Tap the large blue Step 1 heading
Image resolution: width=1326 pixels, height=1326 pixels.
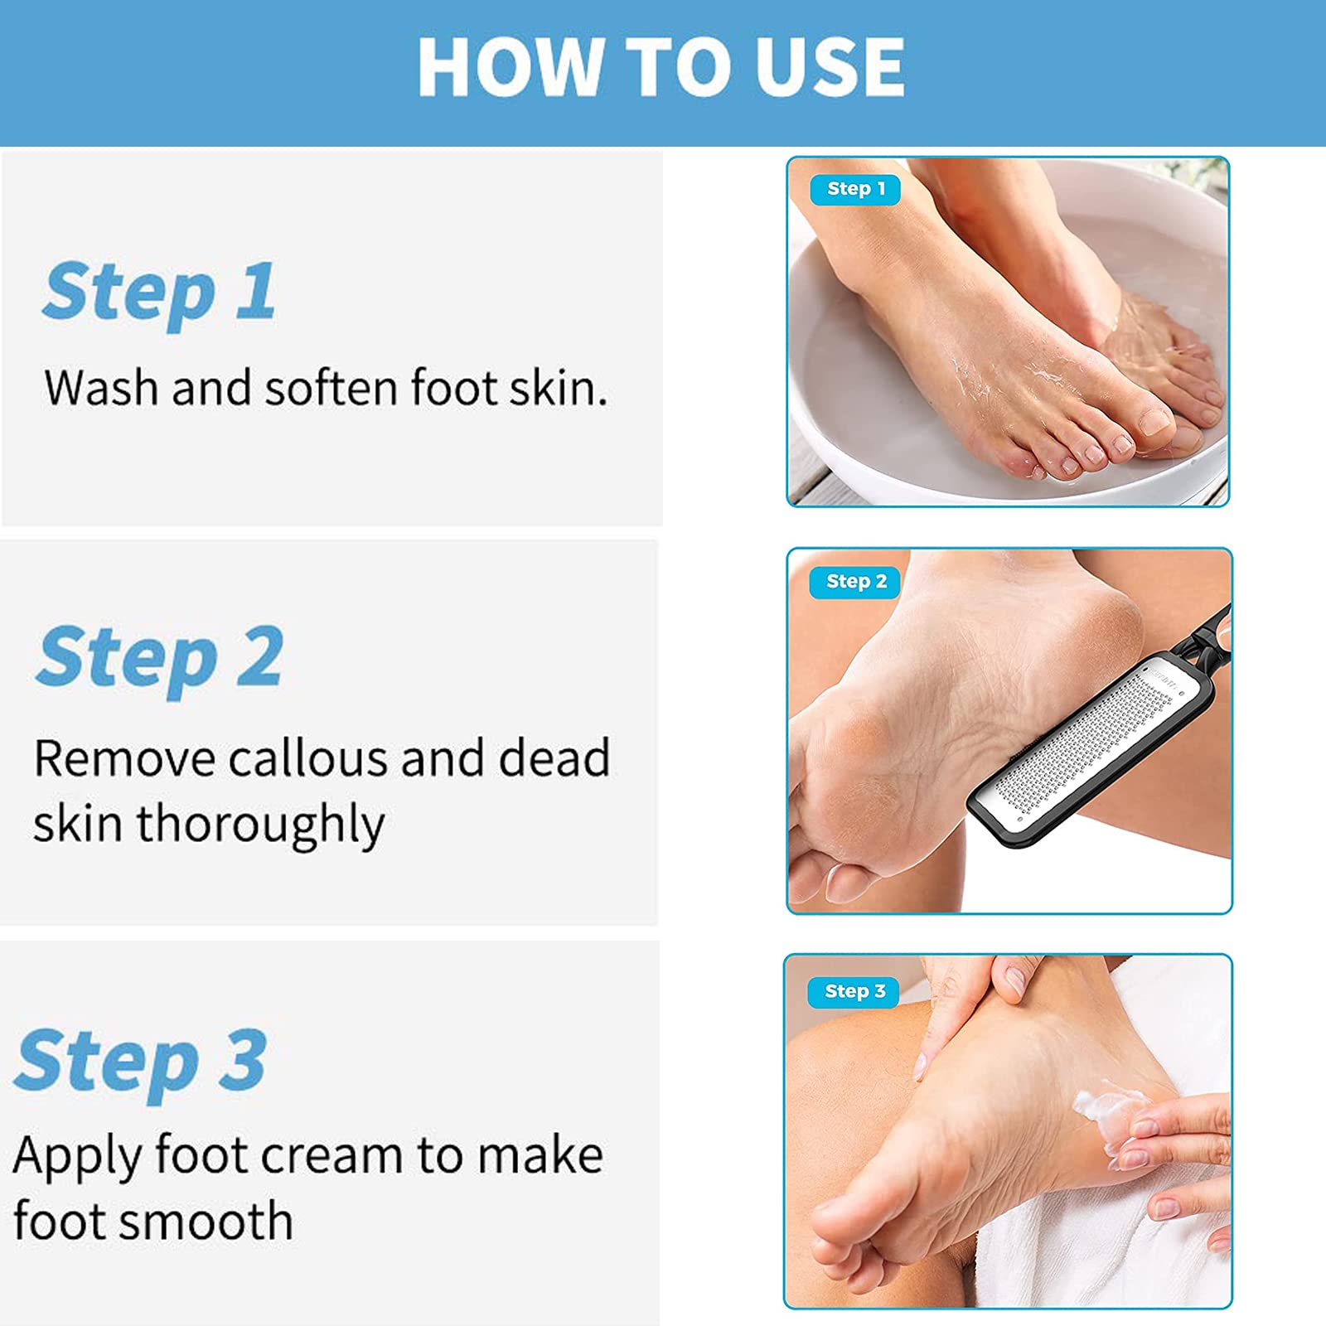click(x=159, y=292)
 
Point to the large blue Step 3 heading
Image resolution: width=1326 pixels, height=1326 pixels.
click(x=141, y=1061)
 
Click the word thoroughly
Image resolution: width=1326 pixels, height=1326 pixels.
click(x=260, y=825)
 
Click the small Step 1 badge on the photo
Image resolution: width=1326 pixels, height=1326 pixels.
click(x=855, y=189)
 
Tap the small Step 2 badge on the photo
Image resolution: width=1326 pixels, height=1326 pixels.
click(x=856, y=582)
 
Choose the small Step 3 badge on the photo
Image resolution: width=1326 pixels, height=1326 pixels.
click(x=854, y=991)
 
